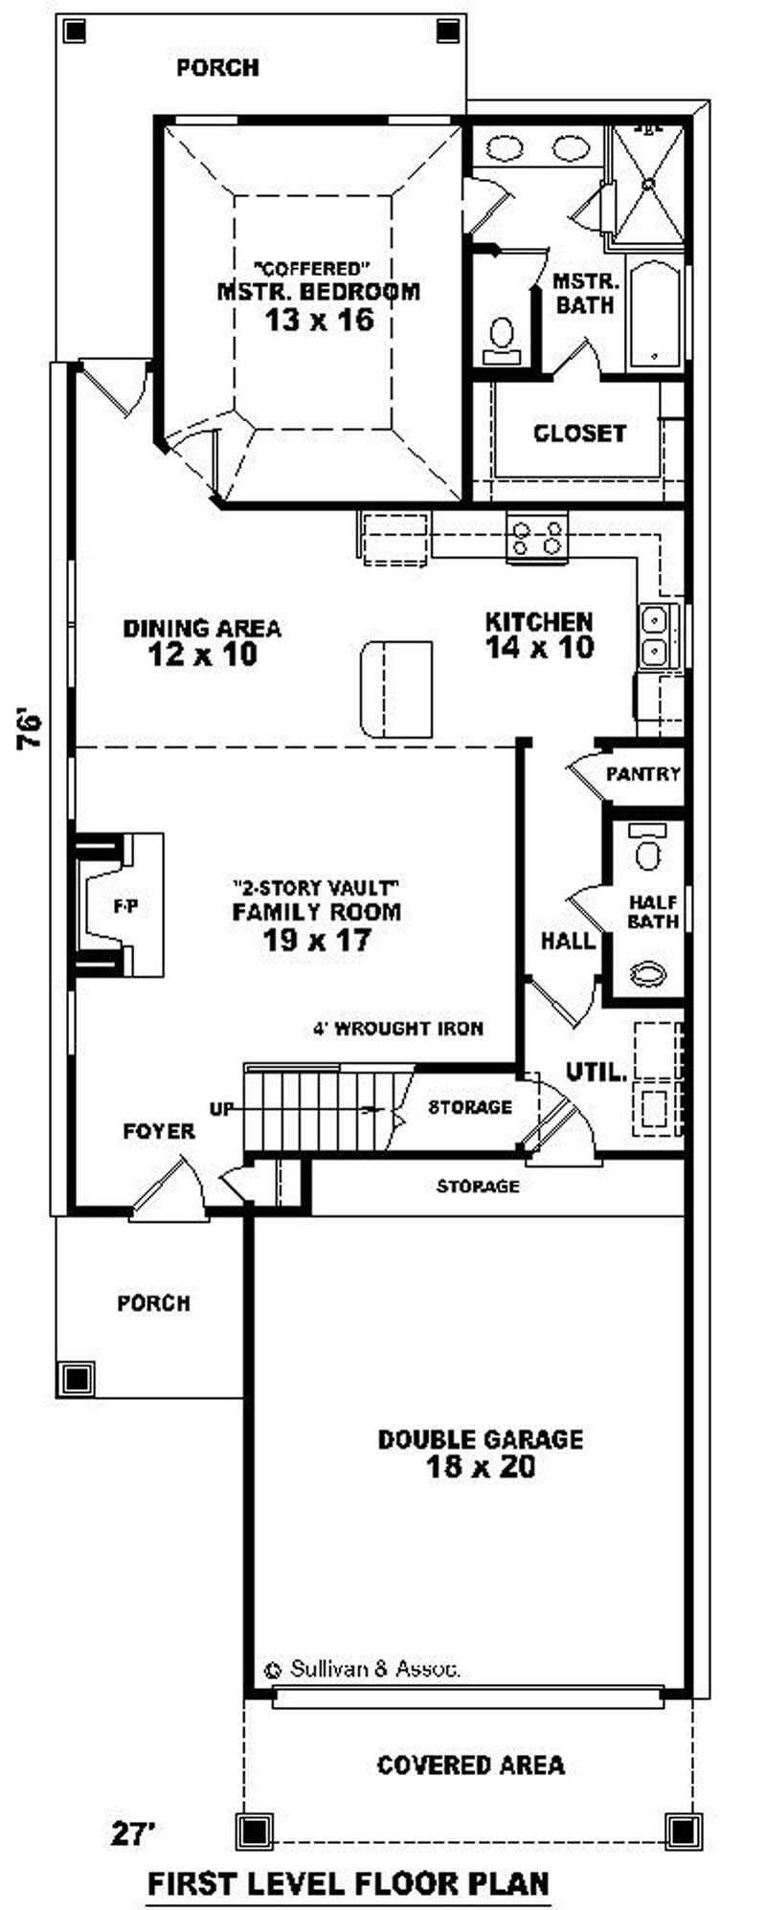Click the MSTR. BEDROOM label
click(x=318, y=291)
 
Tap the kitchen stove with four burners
click(x=537, y=537)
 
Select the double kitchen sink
click(x=655, y=635)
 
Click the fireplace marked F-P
click(x=122, y=905)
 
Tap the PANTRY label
click(x=643, y=773)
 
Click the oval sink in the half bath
click(x=648, y=974)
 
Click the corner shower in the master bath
click(x=649, y=181)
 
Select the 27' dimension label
click(x=134, y=1806)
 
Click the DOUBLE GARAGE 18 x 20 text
click(x=480, y=1453)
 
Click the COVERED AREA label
click(x=470, y=1765)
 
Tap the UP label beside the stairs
click(x=221, y=1109)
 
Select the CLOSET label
click(x=579, y=433)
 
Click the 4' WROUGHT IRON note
click(x=397, y=1029)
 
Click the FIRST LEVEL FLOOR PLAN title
click(x=349, y=1857)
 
